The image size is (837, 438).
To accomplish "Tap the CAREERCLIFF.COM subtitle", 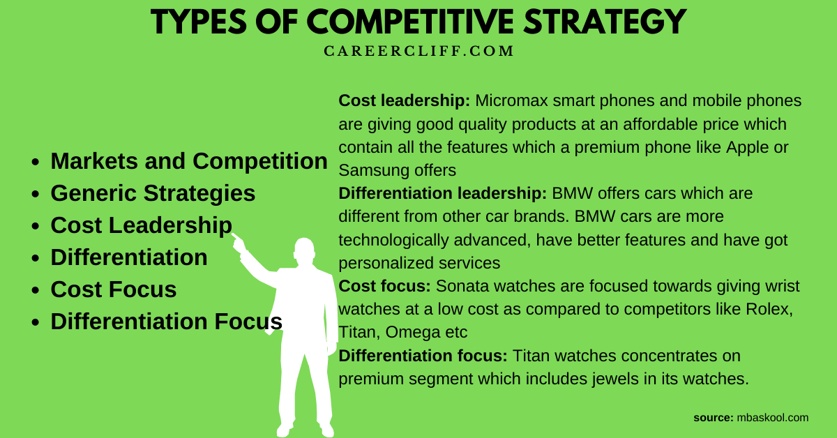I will [418, 51].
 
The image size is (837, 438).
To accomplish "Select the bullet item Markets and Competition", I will [189, 161].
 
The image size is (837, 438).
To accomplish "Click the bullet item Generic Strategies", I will [153, 193].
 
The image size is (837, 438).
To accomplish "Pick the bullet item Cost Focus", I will [114, 289].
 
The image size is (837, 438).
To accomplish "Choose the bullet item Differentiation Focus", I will [167, 322].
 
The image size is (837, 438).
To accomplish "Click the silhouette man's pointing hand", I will [239, 241].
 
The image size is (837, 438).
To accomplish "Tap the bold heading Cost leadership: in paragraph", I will [405, 101].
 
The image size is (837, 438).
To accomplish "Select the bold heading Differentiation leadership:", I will [443, 193].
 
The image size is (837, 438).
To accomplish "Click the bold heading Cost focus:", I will [384, 286].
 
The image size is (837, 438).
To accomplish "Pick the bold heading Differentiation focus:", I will [423, 356].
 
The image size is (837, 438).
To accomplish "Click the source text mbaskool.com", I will [772, 418].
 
